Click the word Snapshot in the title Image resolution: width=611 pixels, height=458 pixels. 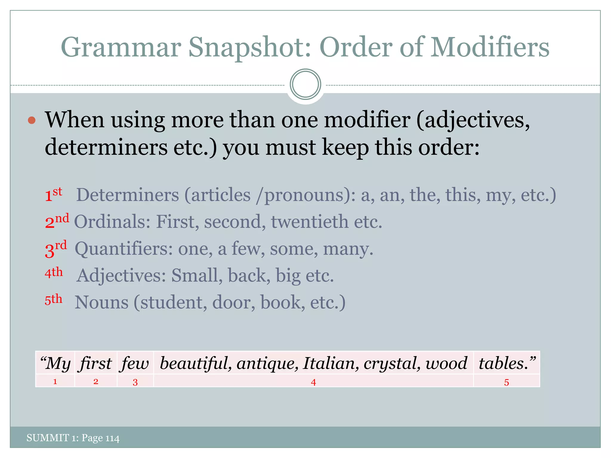pos(249,48)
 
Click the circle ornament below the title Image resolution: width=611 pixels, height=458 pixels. pos(305,84)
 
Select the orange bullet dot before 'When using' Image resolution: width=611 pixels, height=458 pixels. pos(32,120)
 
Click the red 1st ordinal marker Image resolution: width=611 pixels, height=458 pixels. pos(53,195)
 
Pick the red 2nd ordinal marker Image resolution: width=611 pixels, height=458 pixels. pos(57,221)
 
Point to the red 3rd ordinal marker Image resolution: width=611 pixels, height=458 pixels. pos(55,249)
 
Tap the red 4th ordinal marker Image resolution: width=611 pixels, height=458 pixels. pos(54,273)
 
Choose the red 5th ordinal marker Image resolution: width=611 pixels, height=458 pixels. pos(53,300)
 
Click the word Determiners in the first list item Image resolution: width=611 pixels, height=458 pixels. pos(127,195)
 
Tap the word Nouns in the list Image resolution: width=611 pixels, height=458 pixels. pos(101,302)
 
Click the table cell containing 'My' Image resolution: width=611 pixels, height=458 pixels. pos(55,363)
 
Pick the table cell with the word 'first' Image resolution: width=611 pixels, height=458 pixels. pos(96,363)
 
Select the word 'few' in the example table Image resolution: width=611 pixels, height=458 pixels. pos(135,363)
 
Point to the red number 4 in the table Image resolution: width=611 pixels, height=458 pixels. pos(313,382)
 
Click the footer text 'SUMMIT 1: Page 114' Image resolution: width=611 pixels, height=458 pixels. pos(73,438)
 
